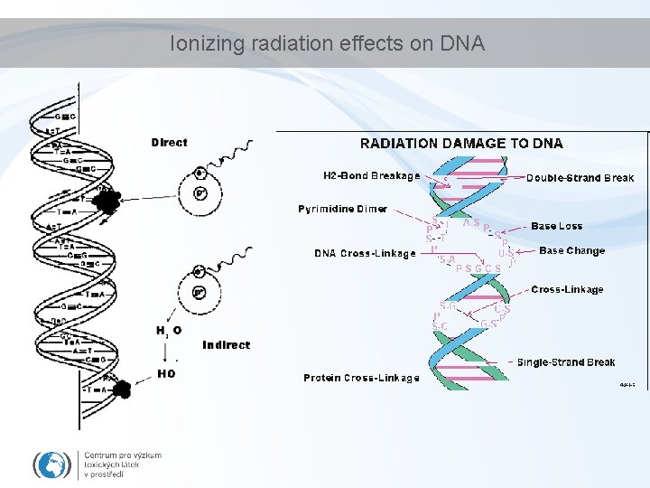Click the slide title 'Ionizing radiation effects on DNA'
328,42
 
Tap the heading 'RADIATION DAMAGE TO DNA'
461,143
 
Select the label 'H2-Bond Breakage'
371,175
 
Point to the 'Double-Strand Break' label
580,178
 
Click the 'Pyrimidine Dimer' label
342,209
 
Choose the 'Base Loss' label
556,226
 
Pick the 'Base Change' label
571,250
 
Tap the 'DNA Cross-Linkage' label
365,253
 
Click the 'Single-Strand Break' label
566,362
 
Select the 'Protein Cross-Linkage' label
361,378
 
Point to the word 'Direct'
169,142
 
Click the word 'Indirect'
227,344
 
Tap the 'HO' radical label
166,372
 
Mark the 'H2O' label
168,331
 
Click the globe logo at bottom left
52,465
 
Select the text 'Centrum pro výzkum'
123,455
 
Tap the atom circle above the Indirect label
199,292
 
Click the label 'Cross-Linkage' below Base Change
567,289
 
